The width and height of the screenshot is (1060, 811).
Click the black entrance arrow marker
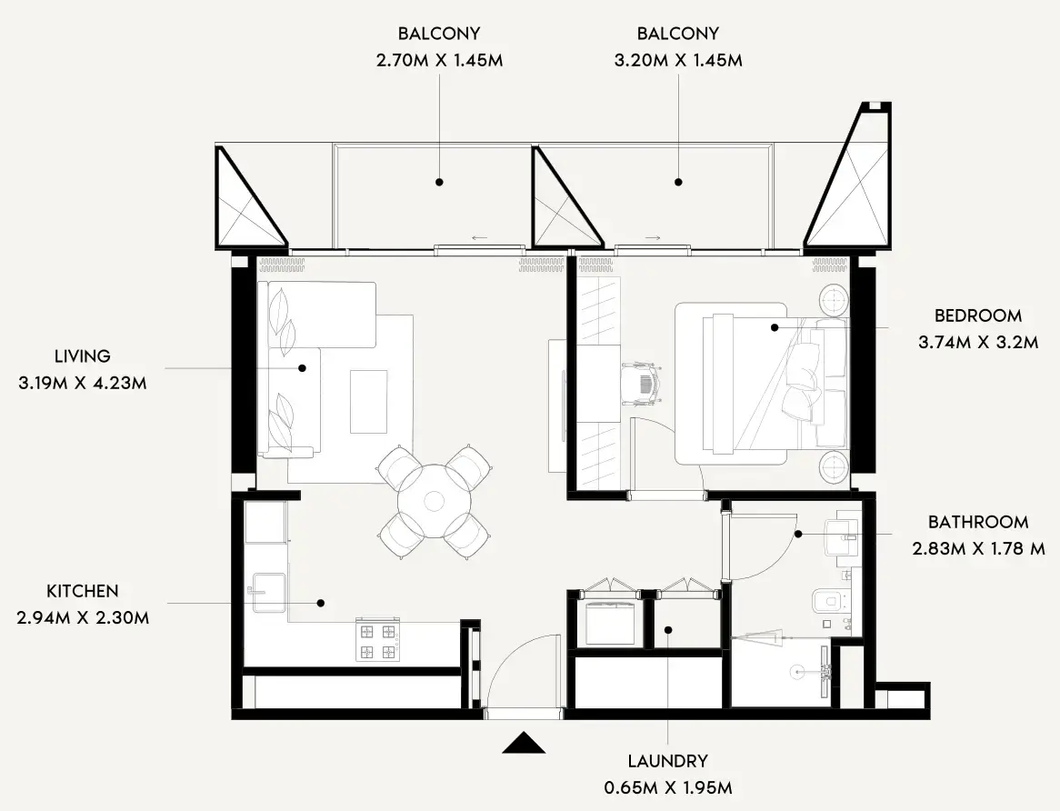coord(524,744)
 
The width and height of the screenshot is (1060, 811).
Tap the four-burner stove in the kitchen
coord(377,642)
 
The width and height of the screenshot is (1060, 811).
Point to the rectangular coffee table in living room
coord(367,401)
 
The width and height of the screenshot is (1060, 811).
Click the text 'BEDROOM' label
coord(977,316)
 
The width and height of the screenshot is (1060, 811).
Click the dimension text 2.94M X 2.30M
coord(83,618)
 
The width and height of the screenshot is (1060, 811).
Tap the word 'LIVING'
coord(82,356)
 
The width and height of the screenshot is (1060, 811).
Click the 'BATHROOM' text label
coord(978,523)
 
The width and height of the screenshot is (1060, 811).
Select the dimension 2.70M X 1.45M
coord(439,61)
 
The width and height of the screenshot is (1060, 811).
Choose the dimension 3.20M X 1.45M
coord(677,61)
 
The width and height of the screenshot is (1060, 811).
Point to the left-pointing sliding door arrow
coord(479,238)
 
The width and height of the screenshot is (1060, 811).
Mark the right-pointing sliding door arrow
coord(653,238)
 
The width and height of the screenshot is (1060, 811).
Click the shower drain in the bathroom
coord(797,673)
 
